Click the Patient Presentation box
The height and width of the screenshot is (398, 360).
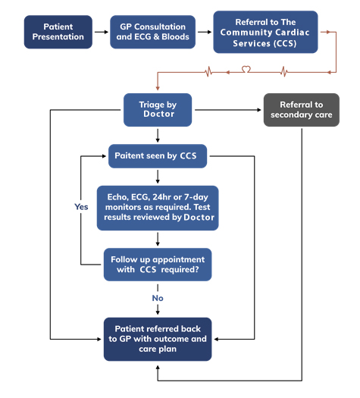pos(58,32)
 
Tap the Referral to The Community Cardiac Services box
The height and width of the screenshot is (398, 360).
pos(266,32)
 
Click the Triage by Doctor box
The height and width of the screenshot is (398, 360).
pos(158,109)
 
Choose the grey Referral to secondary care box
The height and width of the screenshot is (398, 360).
pos(301,109)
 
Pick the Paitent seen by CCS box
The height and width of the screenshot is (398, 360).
pos(158,156)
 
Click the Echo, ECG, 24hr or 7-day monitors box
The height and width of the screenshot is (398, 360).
pos(158,207)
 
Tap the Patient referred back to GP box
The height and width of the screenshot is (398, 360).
pos(158,339)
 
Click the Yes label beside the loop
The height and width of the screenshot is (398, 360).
pos(82,205)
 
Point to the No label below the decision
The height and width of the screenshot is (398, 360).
pos(158,298)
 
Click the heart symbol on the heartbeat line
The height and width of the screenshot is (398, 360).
pos(246,70)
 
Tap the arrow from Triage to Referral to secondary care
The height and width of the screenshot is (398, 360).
pos(227,109)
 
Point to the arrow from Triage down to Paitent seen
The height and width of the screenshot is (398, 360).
pos(158,135)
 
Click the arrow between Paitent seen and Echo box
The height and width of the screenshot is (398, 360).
pos(158,176)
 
